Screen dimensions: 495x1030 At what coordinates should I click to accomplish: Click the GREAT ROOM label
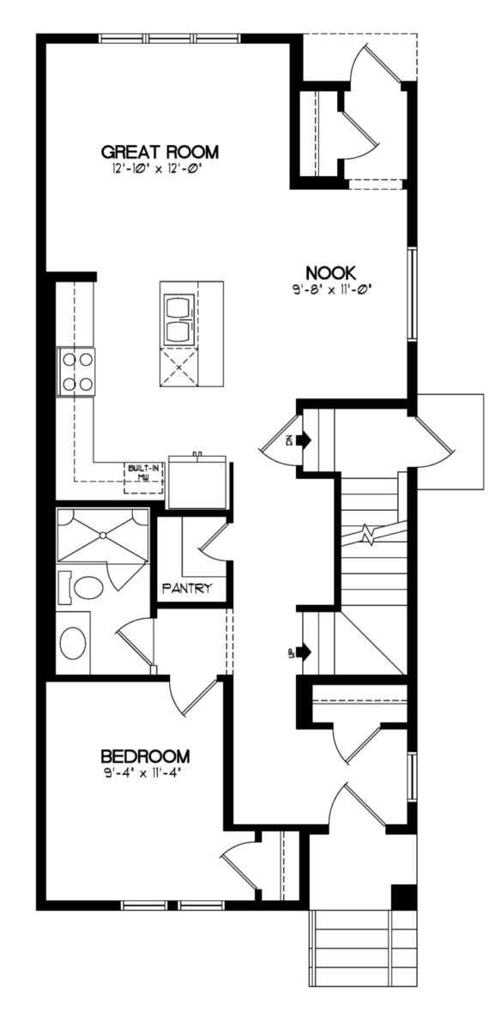pyautogui.click(x=160, y=151)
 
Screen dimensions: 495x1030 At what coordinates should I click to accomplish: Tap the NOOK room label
pyautogui.click(x=330, y=273)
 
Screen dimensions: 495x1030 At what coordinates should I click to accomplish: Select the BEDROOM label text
pyautogui.click(x=145, y=756)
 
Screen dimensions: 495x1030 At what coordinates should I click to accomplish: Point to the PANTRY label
pyautogui.click(x=188, y=588)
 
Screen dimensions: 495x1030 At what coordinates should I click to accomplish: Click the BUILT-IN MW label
pyautogui.click(x=143, y=472)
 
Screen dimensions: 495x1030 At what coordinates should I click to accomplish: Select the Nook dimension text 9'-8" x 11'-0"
pyautogui.click(x=330, y=290)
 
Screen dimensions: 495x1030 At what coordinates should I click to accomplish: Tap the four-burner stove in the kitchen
pyautogui.click(x=76, y=372)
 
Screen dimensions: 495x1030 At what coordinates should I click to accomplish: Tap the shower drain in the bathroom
pyautogui.click(x=103, y=535)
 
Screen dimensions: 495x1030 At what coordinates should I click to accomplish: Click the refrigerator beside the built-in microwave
pyautogui.click(x=197, y=482)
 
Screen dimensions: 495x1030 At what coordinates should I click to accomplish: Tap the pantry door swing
pyautogui.click(x=213, y=542)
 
